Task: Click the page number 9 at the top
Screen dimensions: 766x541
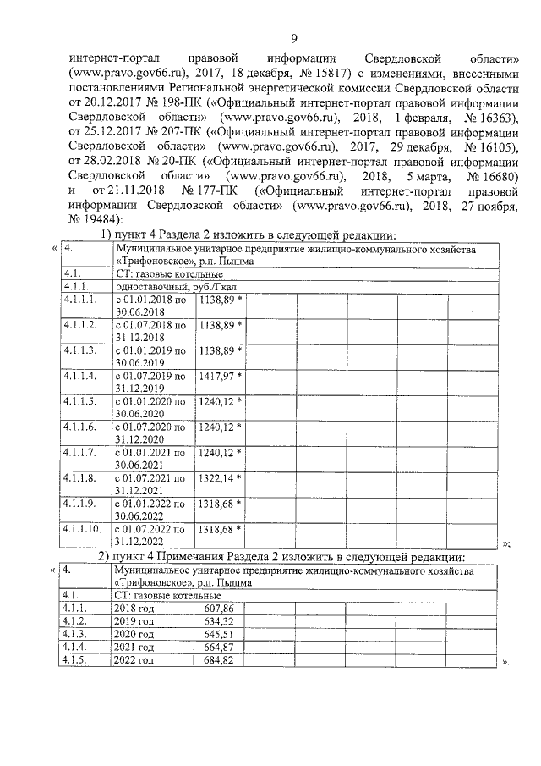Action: [x=292, y=38]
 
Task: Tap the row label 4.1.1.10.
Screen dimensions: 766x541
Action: [x=81, y=530]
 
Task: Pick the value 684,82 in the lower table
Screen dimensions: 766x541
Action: [x=218, y=659]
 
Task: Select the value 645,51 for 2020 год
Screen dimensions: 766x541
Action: [x=218, y=634]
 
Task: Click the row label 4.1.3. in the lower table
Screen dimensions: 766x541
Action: [x=75, y=634]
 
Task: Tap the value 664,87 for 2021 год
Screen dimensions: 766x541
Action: [x=218, y=647]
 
